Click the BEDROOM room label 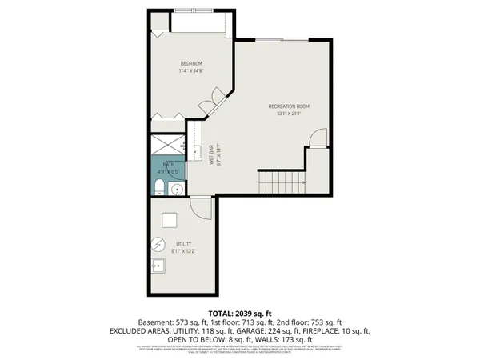pos(190,63)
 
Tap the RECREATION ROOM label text pos(288,106)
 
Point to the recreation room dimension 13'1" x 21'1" pos(288,114)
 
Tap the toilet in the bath pos(158,188)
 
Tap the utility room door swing pos(203,208)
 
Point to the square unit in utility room pos(170,221)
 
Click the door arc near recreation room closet pos(318,138)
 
